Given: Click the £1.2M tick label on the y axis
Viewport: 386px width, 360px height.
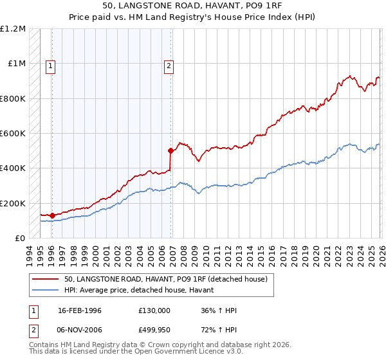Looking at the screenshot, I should (13, 29).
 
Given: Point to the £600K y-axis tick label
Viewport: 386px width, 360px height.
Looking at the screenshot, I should (13, 134).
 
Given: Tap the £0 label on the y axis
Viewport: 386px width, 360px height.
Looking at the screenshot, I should (19, 239).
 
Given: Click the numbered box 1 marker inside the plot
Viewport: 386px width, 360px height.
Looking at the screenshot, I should (50, 65).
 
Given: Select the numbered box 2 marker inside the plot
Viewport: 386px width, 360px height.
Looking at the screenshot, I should (169, 65).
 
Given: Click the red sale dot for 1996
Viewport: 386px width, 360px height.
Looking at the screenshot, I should (52, 215).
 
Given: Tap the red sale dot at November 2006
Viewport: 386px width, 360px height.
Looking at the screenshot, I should (170, 151).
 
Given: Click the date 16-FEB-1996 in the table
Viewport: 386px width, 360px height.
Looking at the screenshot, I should (80, 311).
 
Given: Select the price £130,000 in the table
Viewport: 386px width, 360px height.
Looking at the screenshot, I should (154, 311).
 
